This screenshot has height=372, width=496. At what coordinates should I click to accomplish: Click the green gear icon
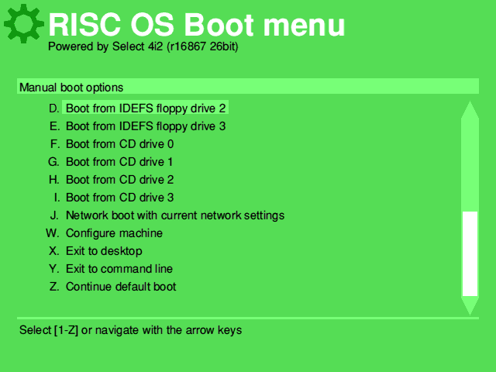click(23, 23)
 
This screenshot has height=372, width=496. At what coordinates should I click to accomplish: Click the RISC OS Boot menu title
click(196, 25)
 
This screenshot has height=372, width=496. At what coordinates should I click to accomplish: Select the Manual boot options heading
click(71, 88)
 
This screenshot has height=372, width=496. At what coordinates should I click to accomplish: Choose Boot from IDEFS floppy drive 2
click(146, 108)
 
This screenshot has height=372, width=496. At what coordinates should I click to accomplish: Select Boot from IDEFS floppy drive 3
click(146, 126)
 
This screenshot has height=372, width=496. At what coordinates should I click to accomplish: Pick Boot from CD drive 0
click(119, 144)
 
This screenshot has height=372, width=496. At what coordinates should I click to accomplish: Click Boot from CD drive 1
click(119, 162)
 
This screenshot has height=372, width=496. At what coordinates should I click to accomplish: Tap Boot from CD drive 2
click(119, 180)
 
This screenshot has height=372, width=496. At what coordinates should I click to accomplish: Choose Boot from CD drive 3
click(119, 198)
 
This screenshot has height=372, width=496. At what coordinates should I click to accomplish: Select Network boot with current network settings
click(175, 215)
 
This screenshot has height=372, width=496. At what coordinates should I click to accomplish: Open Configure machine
click(114, 233)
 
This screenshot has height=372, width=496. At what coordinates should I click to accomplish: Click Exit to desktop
click(104, 251)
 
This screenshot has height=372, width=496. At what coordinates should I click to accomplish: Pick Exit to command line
click(119, 269)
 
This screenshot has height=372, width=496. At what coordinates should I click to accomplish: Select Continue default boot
click(121, 287)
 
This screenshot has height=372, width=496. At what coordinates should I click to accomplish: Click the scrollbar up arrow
click(470, 110)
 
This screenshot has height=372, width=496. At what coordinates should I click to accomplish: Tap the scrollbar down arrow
click(470, 306)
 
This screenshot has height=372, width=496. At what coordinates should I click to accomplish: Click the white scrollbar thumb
click(470, 253)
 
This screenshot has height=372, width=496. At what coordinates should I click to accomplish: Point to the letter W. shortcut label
click(52, 233)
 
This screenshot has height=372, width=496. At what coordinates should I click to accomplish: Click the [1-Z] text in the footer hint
click(66, 330)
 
